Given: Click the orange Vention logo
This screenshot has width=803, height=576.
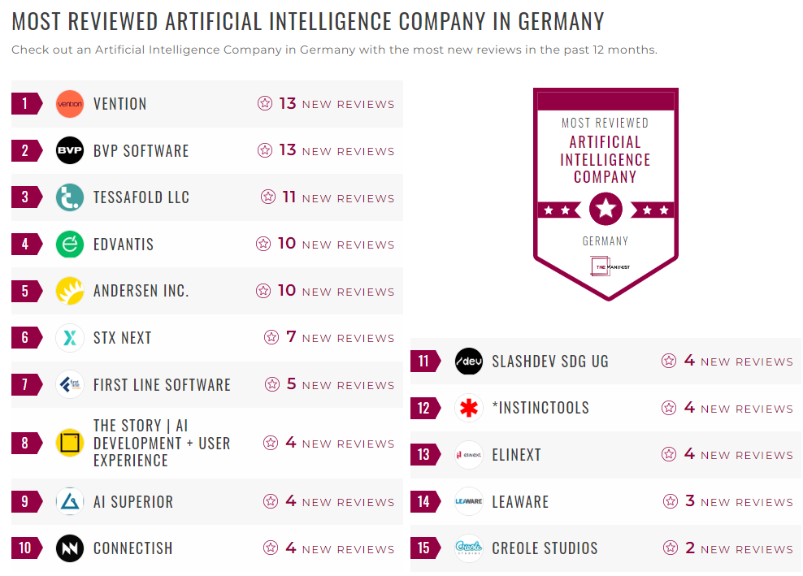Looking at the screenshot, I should pos(70,104).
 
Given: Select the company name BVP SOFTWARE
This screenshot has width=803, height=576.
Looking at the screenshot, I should pos(141,151).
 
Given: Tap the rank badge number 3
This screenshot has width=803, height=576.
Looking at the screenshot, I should pos(25,197).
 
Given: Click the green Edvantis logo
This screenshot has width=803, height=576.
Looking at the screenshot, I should pos(70,245).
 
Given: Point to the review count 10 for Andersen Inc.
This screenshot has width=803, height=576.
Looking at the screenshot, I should pos(287,291).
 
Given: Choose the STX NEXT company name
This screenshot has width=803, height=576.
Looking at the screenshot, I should pos(122,338).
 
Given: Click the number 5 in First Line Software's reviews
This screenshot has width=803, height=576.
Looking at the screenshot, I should pos(291,384).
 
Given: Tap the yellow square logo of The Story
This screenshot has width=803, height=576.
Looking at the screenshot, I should pos(70,443).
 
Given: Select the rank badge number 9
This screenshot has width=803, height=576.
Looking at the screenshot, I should pos(25,502).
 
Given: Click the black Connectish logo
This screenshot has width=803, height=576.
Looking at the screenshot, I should pos(70,548).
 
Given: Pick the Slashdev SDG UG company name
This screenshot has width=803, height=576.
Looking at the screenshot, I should pos(549,362).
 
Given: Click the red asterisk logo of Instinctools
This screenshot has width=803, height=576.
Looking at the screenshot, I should pos(469,408).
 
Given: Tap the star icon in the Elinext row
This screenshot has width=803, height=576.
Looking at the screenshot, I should pos(669,454).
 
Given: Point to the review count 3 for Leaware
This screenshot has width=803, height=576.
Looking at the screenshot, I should pos(689,501).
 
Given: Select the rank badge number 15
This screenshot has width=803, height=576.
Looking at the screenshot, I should pos(423,548).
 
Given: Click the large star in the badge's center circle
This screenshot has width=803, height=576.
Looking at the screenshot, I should pos(606,210).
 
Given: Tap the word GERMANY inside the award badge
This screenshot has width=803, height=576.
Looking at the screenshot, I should pos(606,241).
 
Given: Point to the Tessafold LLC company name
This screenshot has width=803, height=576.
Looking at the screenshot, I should pos(141,197).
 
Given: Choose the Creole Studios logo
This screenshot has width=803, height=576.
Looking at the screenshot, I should pos(469,548).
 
